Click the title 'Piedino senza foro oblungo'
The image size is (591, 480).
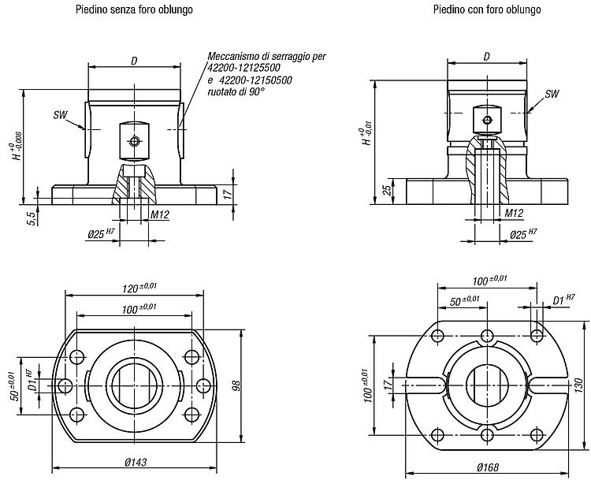(134, 9)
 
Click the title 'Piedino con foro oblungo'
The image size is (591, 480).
(487, 9)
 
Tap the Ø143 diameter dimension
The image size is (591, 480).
(136, 462)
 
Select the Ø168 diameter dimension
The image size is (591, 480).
(488, 467)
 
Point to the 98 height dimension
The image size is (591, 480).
(237, 385)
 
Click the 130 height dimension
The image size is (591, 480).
(581, 385)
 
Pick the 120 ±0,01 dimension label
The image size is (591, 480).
(139, 288)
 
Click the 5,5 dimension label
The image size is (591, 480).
(32, 218)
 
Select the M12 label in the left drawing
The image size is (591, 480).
(160, 215)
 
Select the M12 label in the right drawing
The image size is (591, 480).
(514, 214)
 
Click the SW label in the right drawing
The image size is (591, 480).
(552, 94)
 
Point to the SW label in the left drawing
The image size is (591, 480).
(61, 115)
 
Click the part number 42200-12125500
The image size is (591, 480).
(243, 69)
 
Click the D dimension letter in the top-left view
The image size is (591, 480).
(134, 61)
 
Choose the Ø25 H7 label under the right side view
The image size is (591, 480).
(523, 234)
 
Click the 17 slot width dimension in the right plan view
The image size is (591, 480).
(387, 385)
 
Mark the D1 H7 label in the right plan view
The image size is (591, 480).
(563, 299)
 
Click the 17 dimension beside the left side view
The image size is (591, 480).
(227, 194)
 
